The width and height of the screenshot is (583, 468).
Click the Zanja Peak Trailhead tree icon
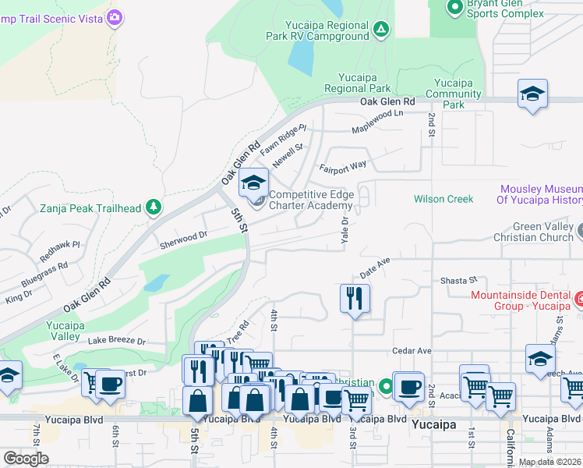pyautogui.click(x=154, y=207)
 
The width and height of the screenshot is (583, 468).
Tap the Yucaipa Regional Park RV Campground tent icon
pyautogui.click(x=380, y=30)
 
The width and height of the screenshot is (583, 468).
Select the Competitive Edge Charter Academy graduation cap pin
pyautogui.click(x=253, y=184)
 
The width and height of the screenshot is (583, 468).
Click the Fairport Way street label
pyautogui.click(x=343, y=166)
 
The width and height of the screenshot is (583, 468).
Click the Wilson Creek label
pyautogui.click(x=443, y=199)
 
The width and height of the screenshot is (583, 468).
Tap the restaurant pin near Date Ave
pyautogui.click(x=355, y=297)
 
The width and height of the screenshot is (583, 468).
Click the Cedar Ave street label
pyautogui.click(x=412, y=350)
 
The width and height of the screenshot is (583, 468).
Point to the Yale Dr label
pyautogui.click(x=344, y=229)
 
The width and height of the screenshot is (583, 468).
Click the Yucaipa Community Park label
pyautogui.click(x=459, y=93)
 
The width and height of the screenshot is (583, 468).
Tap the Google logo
pyautogui.click(x=26, y=459)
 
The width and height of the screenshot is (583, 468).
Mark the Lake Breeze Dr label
pyautogui.click(x=117, y=341)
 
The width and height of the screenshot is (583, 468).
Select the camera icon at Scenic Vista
pyautogui.click(x=115, y=16)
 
